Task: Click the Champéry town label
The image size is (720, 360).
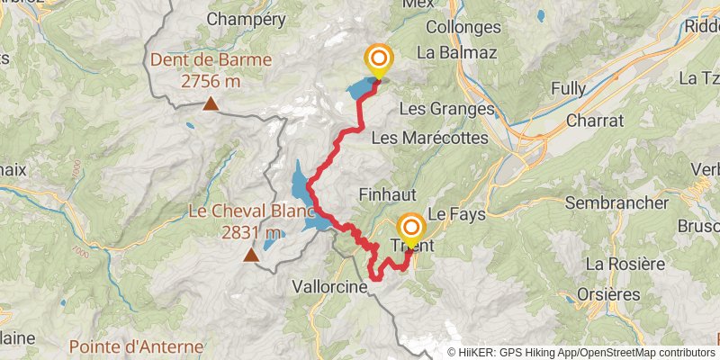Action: click(x=247, y=18)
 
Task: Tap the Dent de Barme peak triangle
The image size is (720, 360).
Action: click(x=210, y=104)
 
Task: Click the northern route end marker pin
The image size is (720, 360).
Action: click(x=379, y=61)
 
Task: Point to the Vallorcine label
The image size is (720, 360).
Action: click(x=327, y=286)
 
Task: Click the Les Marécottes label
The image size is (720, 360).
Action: click(x=428, y=139)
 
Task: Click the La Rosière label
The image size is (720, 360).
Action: click(x=625, y=264)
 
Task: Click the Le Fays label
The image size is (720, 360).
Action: click(x=450, y=216)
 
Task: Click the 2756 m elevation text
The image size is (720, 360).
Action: click(x=211, y=82)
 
